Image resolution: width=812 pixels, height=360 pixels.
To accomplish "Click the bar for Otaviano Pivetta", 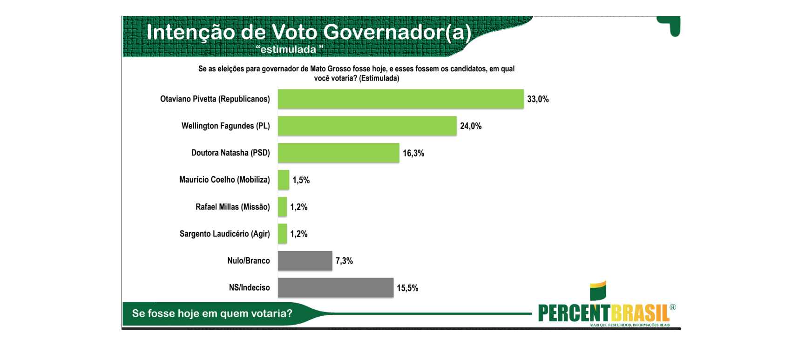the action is (x=401, y=99).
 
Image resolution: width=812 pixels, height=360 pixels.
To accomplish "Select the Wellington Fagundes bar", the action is (x=367, y=126).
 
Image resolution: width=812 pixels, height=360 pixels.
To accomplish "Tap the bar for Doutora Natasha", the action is (x=338, y=153).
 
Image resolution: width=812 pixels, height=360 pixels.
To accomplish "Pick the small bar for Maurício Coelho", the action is (x=284, y=180).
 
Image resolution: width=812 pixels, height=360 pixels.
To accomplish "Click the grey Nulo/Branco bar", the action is (x=305, y=261).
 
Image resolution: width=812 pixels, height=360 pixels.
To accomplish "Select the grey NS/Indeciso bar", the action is (x=336, y=287).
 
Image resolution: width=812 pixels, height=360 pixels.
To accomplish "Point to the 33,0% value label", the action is (x=538, y=99).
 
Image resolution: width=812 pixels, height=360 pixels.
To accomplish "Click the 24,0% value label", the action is (x=471, y=126).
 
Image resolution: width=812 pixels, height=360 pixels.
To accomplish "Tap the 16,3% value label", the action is (x=413, y=153).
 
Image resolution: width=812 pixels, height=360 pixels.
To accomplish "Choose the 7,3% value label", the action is (x=344, y=261).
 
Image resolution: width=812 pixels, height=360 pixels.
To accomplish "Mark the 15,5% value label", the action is (x=407, y=288).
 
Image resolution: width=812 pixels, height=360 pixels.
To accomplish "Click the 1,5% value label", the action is (x=301, y=180).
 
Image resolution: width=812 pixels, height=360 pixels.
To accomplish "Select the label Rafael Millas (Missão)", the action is (x=233, y=207).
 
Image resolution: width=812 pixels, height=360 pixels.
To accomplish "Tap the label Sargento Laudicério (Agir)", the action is (x=225, y=234).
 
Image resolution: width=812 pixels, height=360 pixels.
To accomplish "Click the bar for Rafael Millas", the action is (x=282, y=207).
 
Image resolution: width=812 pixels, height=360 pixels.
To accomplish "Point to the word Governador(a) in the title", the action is (x=397, y=32).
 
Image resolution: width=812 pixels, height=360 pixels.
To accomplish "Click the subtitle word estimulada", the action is (x=288, y=49).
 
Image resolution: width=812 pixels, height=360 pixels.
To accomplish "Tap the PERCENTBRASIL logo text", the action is (x=604, y=313).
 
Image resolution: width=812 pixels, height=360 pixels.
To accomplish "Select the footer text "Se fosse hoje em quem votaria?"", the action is (x=212, y=313).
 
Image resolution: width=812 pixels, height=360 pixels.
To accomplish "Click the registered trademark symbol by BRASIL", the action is (x=673, y=307).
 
